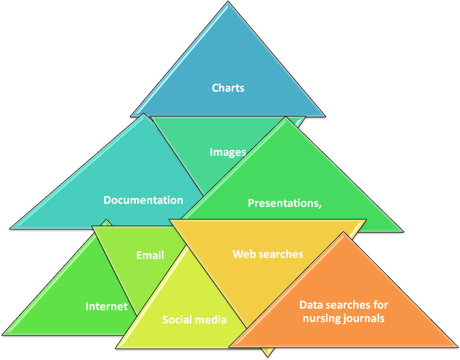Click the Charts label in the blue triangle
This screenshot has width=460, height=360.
pyautogui.click(x=228, y=88)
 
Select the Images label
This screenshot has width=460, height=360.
pyautogui.click(x=228, y=152)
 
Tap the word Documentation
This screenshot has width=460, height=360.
pyautogui.click(x=143, y=200)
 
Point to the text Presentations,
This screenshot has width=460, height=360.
pyautogui.click(x=285, y=203)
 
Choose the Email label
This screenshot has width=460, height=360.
pyautogui.click(x=150, y=255)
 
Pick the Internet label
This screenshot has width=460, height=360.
pyautogui.click(x=106, y=306)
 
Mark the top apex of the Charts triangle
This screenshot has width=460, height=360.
pyautogui.click(x=228, y=3)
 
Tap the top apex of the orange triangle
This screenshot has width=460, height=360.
pyautogui.click(x=343, y=233)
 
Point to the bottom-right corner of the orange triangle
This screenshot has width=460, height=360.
pyautogui.click(x=457, y=347)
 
